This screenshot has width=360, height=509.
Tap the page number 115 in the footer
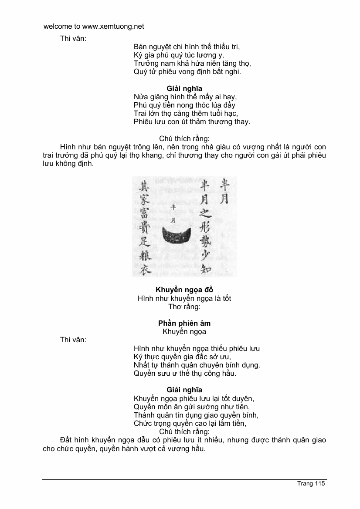coord(320,484)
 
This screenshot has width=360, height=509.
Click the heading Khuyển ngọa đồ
coord(184,290)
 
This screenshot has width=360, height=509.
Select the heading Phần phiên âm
coord(184,324)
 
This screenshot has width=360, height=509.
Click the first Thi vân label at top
coord(73,38)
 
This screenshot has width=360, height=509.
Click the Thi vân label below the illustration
coord(73,340)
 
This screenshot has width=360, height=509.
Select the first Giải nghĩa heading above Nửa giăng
coord(184,88)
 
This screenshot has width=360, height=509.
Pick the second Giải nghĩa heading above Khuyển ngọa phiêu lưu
coord(184,390)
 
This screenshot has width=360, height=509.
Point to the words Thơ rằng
coord(184,307)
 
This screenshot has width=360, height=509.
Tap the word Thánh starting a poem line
coord(144,415)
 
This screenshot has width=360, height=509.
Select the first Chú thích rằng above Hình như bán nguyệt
coord(184,139)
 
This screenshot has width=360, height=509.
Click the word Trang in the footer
coord(305,484)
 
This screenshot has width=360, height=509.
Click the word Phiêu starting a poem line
coord(143,121)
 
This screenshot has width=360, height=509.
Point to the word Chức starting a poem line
coord(143,423)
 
